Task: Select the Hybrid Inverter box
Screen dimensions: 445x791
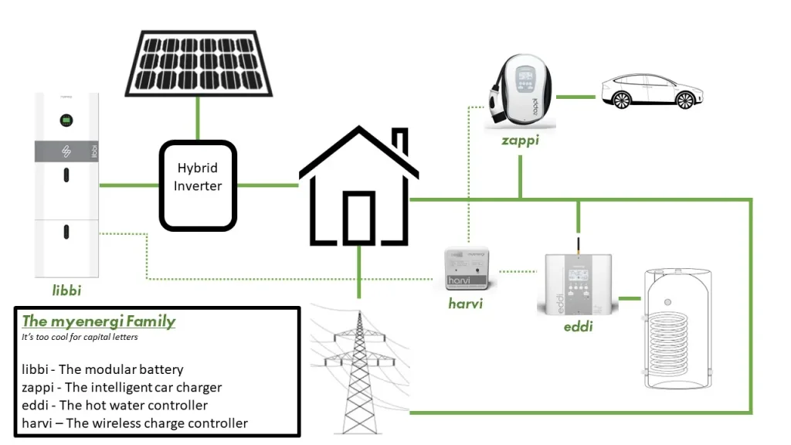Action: tap(198, 185)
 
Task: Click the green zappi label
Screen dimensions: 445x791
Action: tap(519, 141)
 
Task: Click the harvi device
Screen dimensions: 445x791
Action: tap(466, 268)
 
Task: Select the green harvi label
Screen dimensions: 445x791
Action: tap(465, 304)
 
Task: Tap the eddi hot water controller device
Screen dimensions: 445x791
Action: tap(577, 283)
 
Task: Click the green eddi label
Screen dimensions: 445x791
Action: tap(578, 327)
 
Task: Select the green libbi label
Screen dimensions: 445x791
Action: tap(66, 291)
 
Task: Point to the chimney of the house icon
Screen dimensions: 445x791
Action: tap(399, 142)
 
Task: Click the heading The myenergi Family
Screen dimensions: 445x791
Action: tap(99, 321)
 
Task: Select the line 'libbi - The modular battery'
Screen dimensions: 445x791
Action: tap(103, 369)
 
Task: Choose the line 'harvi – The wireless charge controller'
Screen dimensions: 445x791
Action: tap(135, 423)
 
